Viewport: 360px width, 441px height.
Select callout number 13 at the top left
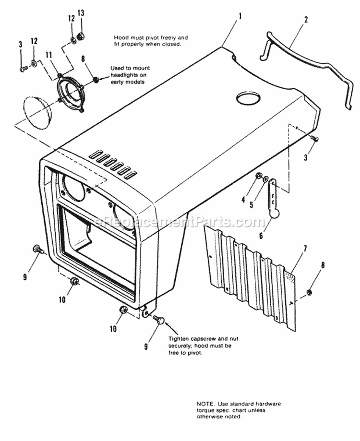(81, 12)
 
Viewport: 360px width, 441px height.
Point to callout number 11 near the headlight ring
(48, 55)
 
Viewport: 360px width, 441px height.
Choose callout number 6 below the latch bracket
(261, 236)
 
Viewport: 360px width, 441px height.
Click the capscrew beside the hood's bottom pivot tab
(159, 319)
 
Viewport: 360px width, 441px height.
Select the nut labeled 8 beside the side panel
(310, 292)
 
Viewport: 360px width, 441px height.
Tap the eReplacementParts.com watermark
(180, 222)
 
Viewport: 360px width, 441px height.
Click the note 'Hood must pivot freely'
(150, 40)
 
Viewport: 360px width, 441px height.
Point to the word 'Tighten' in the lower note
(179, 339)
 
